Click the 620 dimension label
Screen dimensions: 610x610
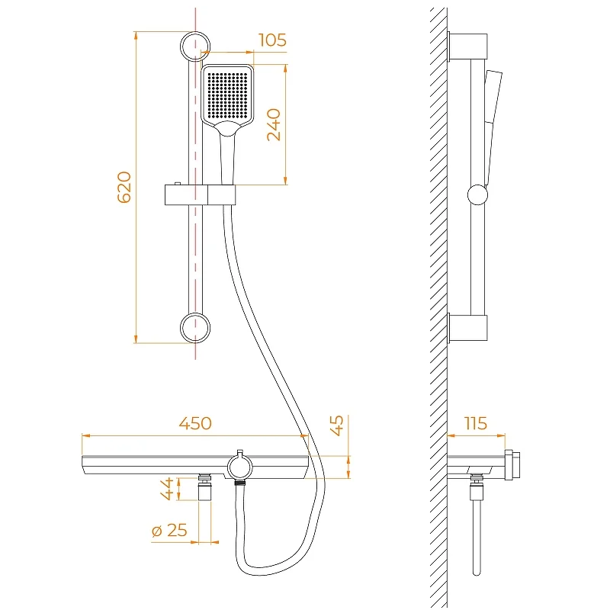[x=124, y=187]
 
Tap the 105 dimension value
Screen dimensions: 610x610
[x=272, y=40]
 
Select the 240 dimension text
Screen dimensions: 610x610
[x=274, y=124]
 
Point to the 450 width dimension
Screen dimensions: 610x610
[x=195, y=423]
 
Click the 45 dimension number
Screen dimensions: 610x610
[x=338, y=425]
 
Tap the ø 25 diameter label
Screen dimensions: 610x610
[x=169, y=530]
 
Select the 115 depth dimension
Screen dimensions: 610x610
[x=475, y=423]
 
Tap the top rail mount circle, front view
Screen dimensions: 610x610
[x=195, y=46]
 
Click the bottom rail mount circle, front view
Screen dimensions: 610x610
[x=195, y=328]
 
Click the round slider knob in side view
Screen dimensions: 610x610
[x=477, y=194]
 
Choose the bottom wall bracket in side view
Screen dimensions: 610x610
[x=468, y=328]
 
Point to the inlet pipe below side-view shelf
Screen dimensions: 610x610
[x=477, y=534]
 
